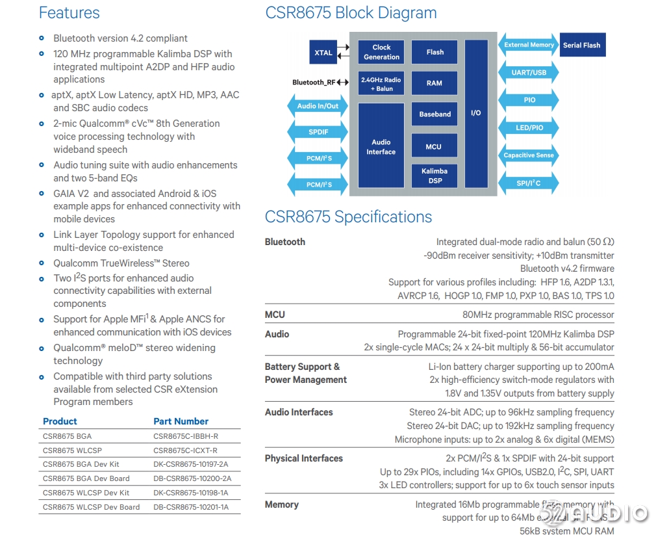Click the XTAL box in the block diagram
point(323,53)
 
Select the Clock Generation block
point(381,52)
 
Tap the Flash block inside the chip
point(435,52)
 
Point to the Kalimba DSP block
point(434,176)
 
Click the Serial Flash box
point(581,45)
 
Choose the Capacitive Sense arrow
point(529,155)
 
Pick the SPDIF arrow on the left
point(318,132)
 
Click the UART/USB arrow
point(529,73)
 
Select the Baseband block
point(435,114)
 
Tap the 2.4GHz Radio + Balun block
point(381,84)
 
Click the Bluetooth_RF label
point(314,83)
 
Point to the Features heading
point(69,13)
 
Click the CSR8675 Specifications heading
point(348,217)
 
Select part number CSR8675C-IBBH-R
point(186,436)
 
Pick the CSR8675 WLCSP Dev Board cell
point(91,507)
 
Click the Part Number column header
point(181,421)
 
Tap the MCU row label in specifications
point(275,315)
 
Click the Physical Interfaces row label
point(303,458)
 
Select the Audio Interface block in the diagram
point(381,147)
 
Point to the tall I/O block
point(476,114)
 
